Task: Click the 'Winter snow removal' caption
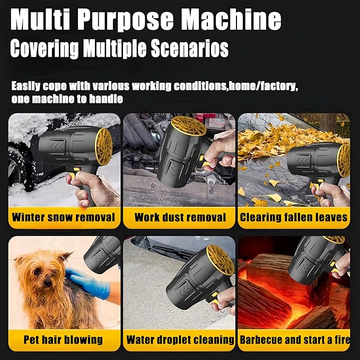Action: point(63,217)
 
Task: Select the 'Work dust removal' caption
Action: point(180,217)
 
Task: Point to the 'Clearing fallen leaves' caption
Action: point(294,217)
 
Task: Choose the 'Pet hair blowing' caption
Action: point(63,339)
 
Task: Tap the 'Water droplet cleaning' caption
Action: point(180,339)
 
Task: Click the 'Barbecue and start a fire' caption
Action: point(294,339)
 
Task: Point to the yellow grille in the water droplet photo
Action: point(219,260)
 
